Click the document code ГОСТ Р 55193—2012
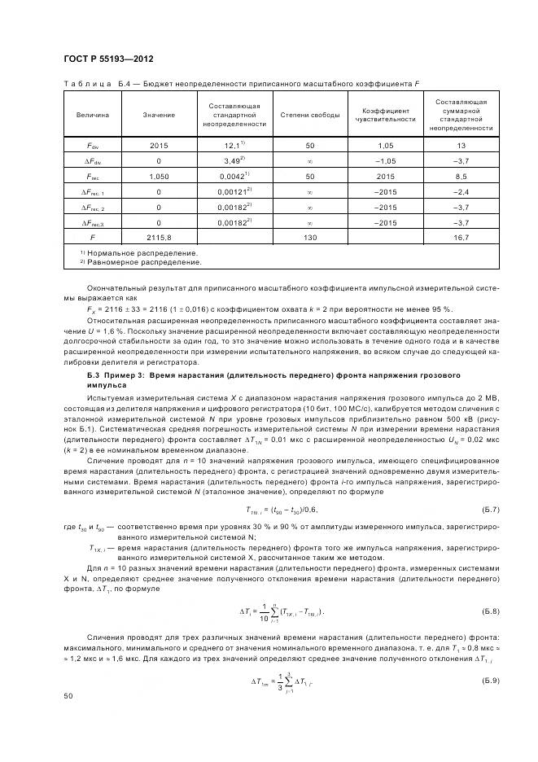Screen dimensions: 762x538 [x=107, y=60]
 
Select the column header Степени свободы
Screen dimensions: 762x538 [x=310, y=115]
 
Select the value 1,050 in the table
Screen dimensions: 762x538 [x=159, y=176]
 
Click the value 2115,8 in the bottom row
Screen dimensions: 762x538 [x=159, y=238]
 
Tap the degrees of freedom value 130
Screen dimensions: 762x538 [x=310, y=238]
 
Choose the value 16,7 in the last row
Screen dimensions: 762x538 [x=461, y=238]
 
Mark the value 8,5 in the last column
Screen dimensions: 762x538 [x=461, y=176]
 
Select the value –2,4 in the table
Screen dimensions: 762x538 [x=461, y=191]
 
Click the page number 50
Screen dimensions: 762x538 [x=68, y=696]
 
